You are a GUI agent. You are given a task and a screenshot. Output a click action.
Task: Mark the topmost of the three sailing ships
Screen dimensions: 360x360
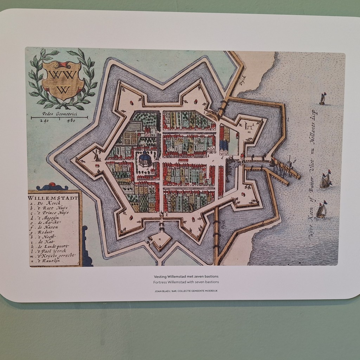coord(322,99)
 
